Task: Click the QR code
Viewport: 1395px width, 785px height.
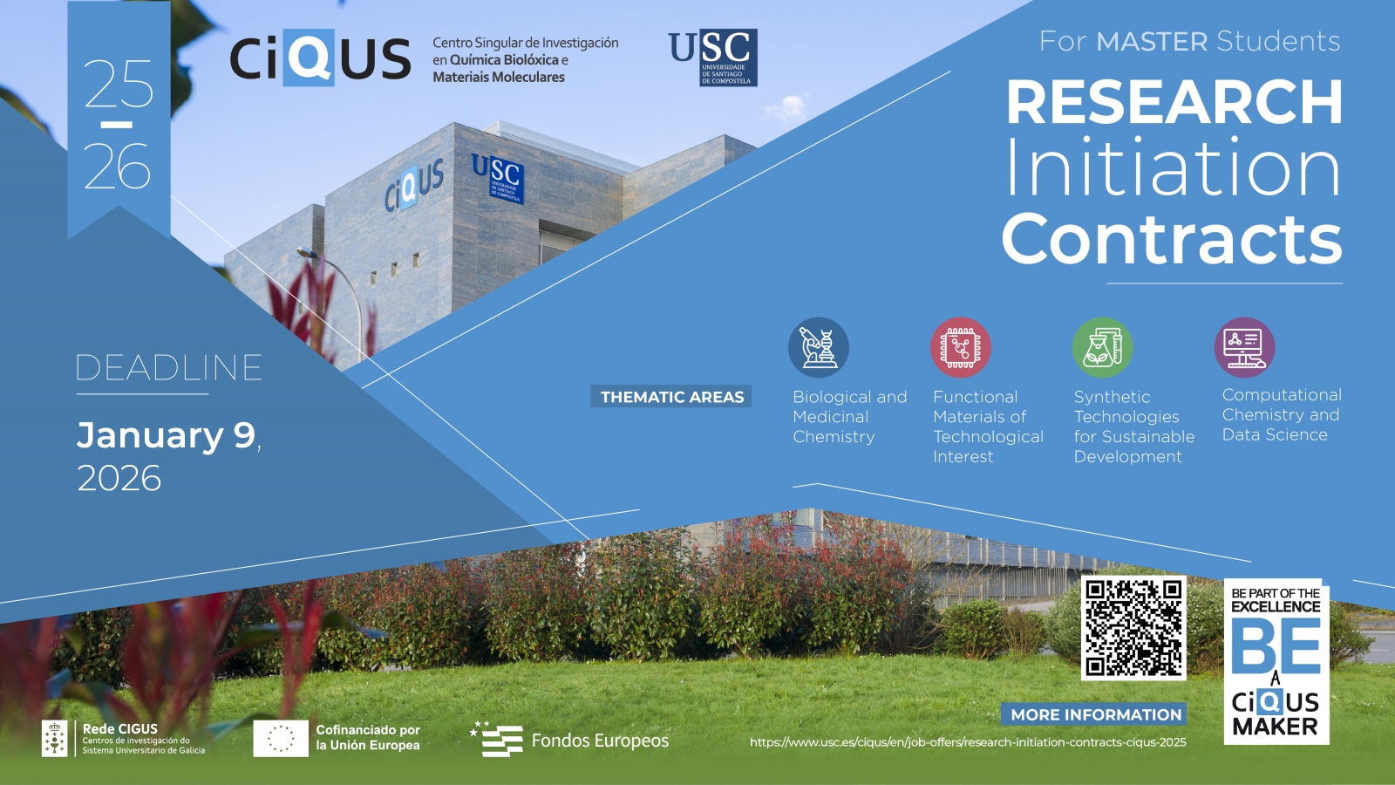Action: (1133, 628)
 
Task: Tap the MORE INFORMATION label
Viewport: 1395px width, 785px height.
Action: (1095, 714)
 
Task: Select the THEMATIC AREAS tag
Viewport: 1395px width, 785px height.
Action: (671, 397)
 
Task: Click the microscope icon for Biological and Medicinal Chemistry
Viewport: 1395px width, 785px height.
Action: (819, 348)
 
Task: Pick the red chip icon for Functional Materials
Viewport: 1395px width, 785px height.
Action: (960, 348)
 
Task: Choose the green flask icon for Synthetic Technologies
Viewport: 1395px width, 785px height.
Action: (1102, 348)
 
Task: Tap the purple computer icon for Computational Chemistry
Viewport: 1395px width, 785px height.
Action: (1244, 348)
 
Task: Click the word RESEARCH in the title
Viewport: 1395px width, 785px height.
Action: (1174, 102)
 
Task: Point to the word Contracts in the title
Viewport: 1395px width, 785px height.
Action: (1172, 240)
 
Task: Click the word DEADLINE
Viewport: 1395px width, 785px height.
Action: (169, 367)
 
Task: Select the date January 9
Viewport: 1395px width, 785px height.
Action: (166, 435)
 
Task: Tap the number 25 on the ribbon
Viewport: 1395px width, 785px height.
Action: (119, 84)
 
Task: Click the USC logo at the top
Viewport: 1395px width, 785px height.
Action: (713, 58)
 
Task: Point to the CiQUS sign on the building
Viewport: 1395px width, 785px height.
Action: (414, 184)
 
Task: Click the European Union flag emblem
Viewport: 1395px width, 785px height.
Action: (281, 738)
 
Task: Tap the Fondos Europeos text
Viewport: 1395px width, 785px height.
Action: (600, 741)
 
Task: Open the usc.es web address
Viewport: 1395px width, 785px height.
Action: (968, 742)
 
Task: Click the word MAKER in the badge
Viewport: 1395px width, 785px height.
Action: (1276, 727)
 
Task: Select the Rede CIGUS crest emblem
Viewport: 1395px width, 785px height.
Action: (55, 739)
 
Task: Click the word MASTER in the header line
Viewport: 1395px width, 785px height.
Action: (1152, 42)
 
